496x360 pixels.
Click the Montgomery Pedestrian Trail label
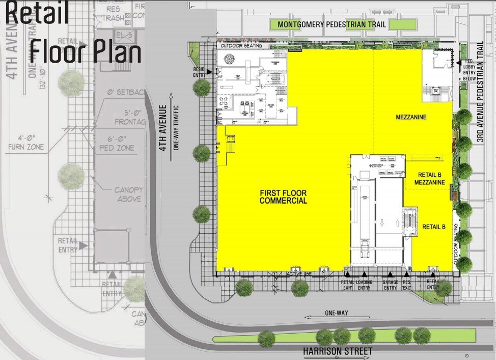(x=332, y=24)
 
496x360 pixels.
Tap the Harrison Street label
(x=337, y=351)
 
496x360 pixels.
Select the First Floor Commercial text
(x=284, y=197)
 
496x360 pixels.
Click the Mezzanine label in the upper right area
(x=411, y=118)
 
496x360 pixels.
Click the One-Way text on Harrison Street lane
(x=336, y=313)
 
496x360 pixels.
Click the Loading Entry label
(x=365, y=285)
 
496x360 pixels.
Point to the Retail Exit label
(x=347, y=285)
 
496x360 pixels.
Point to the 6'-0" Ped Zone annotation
(x=117, y=143)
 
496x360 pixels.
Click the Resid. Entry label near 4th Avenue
(x=199, y=72)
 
